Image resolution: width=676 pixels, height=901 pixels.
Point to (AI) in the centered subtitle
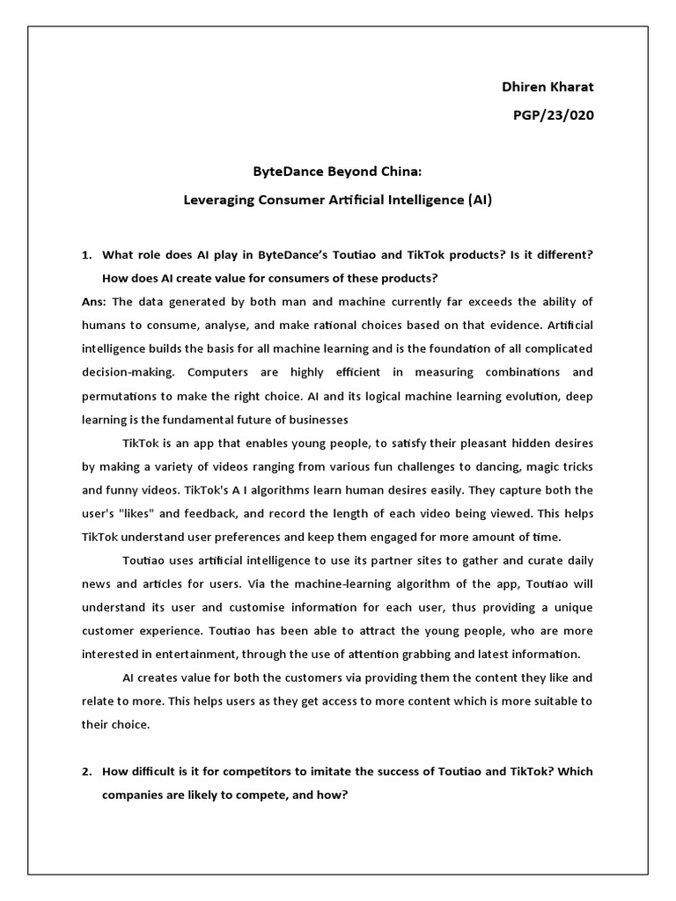[478, 200]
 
